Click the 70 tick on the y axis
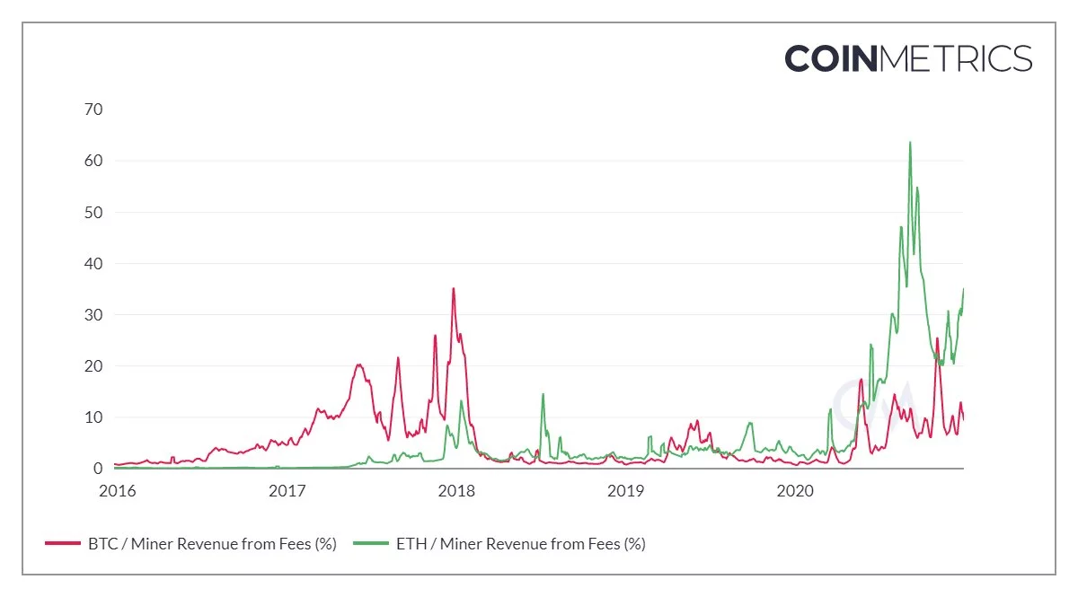[x=93, y=110]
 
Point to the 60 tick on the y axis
[x=93, y=161]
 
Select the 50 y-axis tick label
[x=93, y=213]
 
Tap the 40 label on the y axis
[x=93, y=264]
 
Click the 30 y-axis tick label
[x=93, y=315]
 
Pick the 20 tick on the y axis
[x=93, y=366]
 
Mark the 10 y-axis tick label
[x=93, y=417]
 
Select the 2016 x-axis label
[x=117, y=491]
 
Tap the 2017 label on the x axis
[x=287, y=491]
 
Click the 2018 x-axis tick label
[x=456, y=491]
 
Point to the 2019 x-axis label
[x=626, y=491]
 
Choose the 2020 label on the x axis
[x=795, y=491]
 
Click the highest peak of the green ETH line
[x=910, y=143]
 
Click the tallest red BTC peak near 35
[x=454, y=289]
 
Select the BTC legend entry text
[x=212, y=544]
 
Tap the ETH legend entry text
[x=520, y=544]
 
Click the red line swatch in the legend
[x=62, y=544]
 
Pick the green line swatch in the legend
[x=370, y=544]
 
